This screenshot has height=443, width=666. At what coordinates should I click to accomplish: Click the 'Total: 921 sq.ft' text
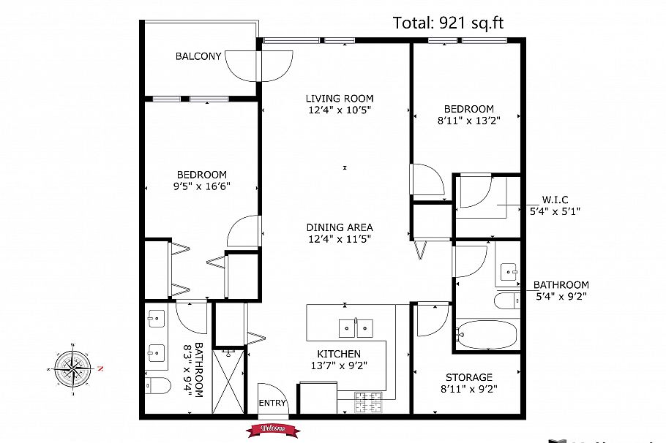(448, 23)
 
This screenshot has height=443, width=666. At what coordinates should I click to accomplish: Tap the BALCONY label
(198, 56)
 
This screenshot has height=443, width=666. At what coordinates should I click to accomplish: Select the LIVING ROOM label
(340, 99)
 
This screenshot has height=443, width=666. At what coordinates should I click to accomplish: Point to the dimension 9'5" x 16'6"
(201, 186)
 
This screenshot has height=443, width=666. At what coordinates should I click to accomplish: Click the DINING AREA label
(340, 227)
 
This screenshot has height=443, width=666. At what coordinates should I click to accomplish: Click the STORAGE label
(468, 377)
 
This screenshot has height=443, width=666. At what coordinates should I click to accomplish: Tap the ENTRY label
(272, 404)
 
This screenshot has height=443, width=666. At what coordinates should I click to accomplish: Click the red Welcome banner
(273, 430)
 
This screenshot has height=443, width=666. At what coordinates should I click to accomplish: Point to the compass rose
(74, 368)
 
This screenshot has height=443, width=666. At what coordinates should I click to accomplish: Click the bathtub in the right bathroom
(486, 335)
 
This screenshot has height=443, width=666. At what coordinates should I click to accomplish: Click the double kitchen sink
(356, 327)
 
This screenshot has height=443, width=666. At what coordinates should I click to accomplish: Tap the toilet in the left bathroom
(157, 385)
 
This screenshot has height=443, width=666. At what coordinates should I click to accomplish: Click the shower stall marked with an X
(231, 381)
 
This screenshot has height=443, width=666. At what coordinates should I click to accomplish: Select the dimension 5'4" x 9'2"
(561, 297)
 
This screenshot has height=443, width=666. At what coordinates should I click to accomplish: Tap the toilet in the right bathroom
(506, 301)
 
